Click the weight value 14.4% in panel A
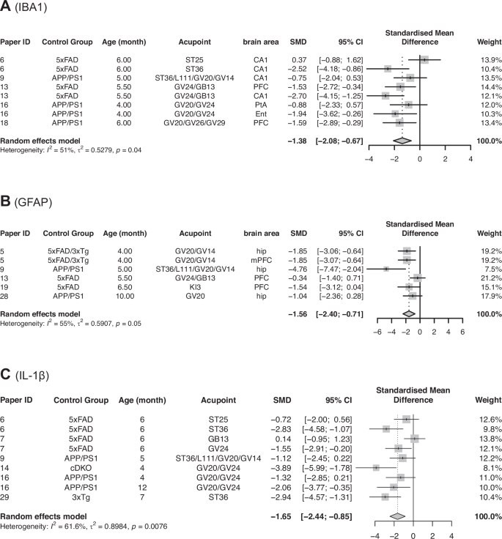tap(481, 86)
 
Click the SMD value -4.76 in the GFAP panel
tap(297, 268)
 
